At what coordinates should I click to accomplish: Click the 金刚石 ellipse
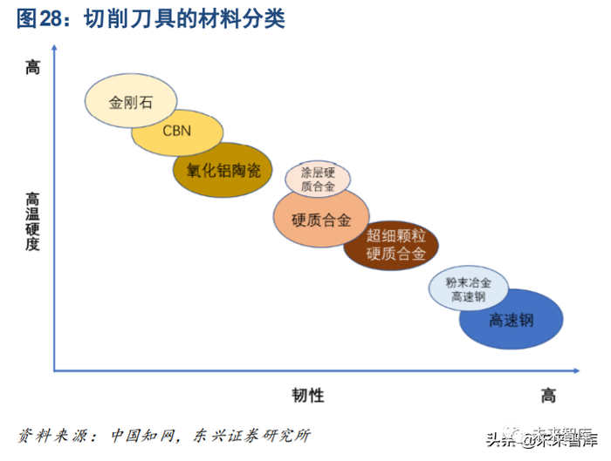[129, 102]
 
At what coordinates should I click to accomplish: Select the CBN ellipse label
[178, 132]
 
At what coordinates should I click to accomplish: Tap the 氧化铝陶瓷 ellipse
[223, 170]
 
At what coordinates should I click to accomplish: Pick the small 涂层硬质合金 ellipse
[319, 178]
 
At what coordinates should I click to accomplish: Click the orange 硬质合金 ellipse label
[320, 220]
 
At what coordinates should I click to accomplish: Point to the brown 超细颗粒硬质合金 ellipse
[395, 245]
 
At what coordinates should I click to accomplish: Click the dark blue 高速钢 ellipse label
[511, 321]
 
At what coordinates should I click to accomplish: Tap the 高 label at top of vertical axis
[33, 67]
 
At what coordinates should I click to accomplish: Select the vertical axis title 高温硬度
[33, 221]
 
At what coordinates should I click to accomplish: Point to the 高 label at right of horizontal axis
[547, 396]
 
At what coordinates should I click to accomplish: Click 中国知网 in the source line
[143, 434]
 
